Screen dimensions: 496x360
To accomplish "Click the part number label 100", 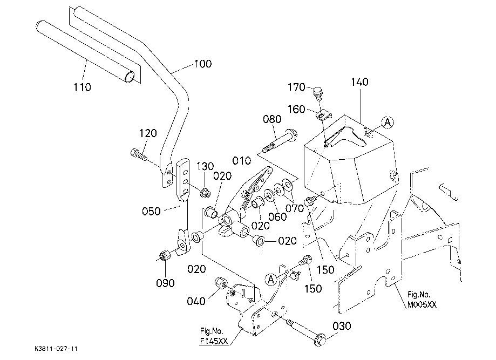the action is click(x=203, y=64).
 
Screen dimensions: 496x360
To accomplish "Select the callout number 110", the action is click(x=82, y=87).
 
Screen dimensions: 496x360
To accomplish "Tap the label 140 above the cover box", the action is click(x=359, y=82).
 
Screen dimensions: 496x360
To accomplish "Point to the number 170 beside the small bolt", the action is click(x=296, y=87).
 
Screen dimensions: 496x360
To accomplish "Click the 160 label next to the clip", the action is click(x=296, y=109).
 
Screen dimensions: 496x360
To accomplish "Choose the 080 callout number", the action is click(x=272, y=119).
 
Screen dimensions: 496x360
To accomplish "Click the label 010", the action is click(x=242, y=161).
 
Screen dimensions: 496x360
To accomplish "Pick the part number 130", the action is click(x=205, y=166).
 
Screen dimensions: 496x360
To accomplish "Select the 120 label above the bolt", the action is click(x=148, y=133).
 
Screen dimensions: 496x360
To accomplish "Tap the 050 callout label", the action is click(x=151, y=212).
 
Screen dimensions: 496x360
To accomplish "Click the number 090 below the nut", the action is click(x=166, y=283).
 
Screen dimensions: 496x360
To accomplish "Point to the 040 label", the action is click(x=196, y=301).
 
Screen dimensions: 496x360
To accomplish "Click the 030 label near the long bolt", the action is click(x=342, y=326).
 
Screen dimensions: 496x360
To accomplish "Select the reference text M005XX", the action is click(x=422, y=304).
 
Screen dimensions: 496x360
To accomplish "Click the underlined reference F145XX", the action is click(x=214, y=341).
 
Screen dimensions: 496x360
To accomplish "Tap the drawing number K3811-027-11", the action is click(x=56, y=349).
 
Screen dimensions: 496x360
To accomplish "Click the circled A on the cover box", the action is click(x=388, y=122).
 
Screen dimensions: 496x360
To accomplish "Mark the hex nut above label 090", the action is click(x=164, y=255).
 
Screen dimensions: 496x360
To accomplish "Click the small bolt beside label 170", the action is click(x=317, y=93).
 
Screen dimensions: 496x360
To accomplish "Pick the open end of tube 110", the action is click(x=130, y=77).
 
